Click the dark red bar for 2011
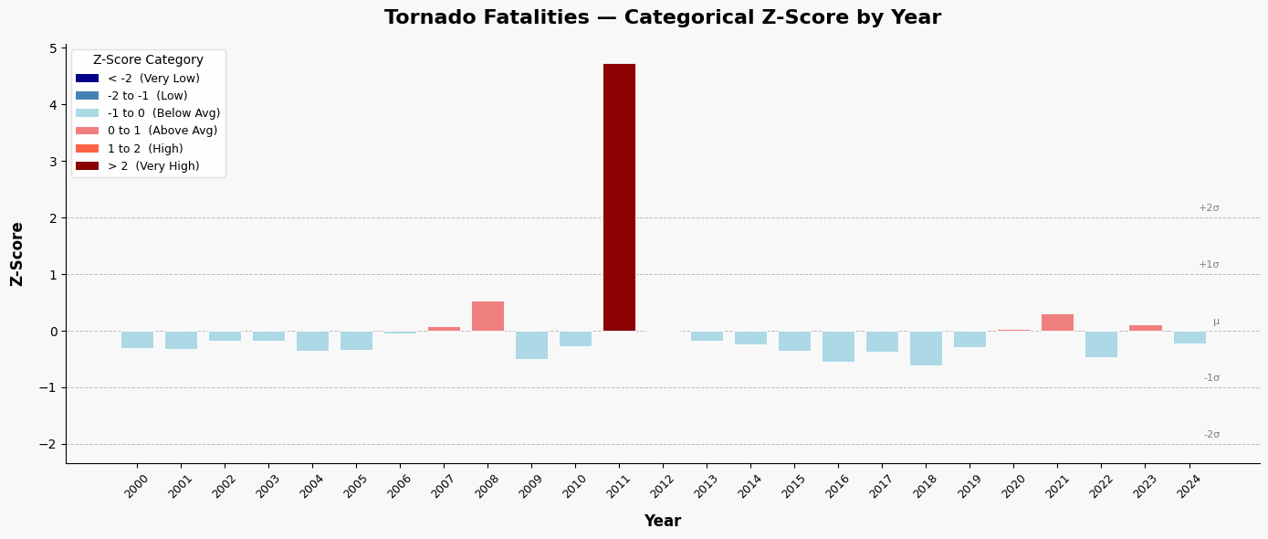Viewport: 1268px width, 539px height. (619, 197)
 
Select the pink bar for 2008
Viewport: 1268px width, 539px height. (487, 316)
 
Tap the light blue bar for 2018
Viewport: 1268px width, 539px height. (926, 348)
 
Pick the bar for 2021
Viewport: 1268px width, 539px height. (1057, 322)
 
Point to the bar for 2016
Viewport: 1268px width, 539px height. (838, 346)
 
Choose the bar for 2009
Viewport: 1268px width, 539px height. (531, 344)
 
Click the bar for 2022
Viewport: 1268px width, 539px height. (1101, 343)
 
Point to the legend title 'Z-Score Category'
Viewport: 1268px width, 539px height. (148, 60)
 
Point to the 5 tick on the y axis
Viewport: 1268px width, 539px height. (53, 48)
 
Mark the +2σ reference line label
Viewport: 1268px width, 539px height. (1209, 208)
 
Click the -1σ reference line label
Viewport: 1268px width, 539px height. (1211, 378)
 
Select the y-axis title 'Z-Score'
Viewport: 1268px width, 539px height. (17, 254)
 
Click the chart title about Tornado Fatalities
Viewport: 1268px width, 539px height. (662, 18)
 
